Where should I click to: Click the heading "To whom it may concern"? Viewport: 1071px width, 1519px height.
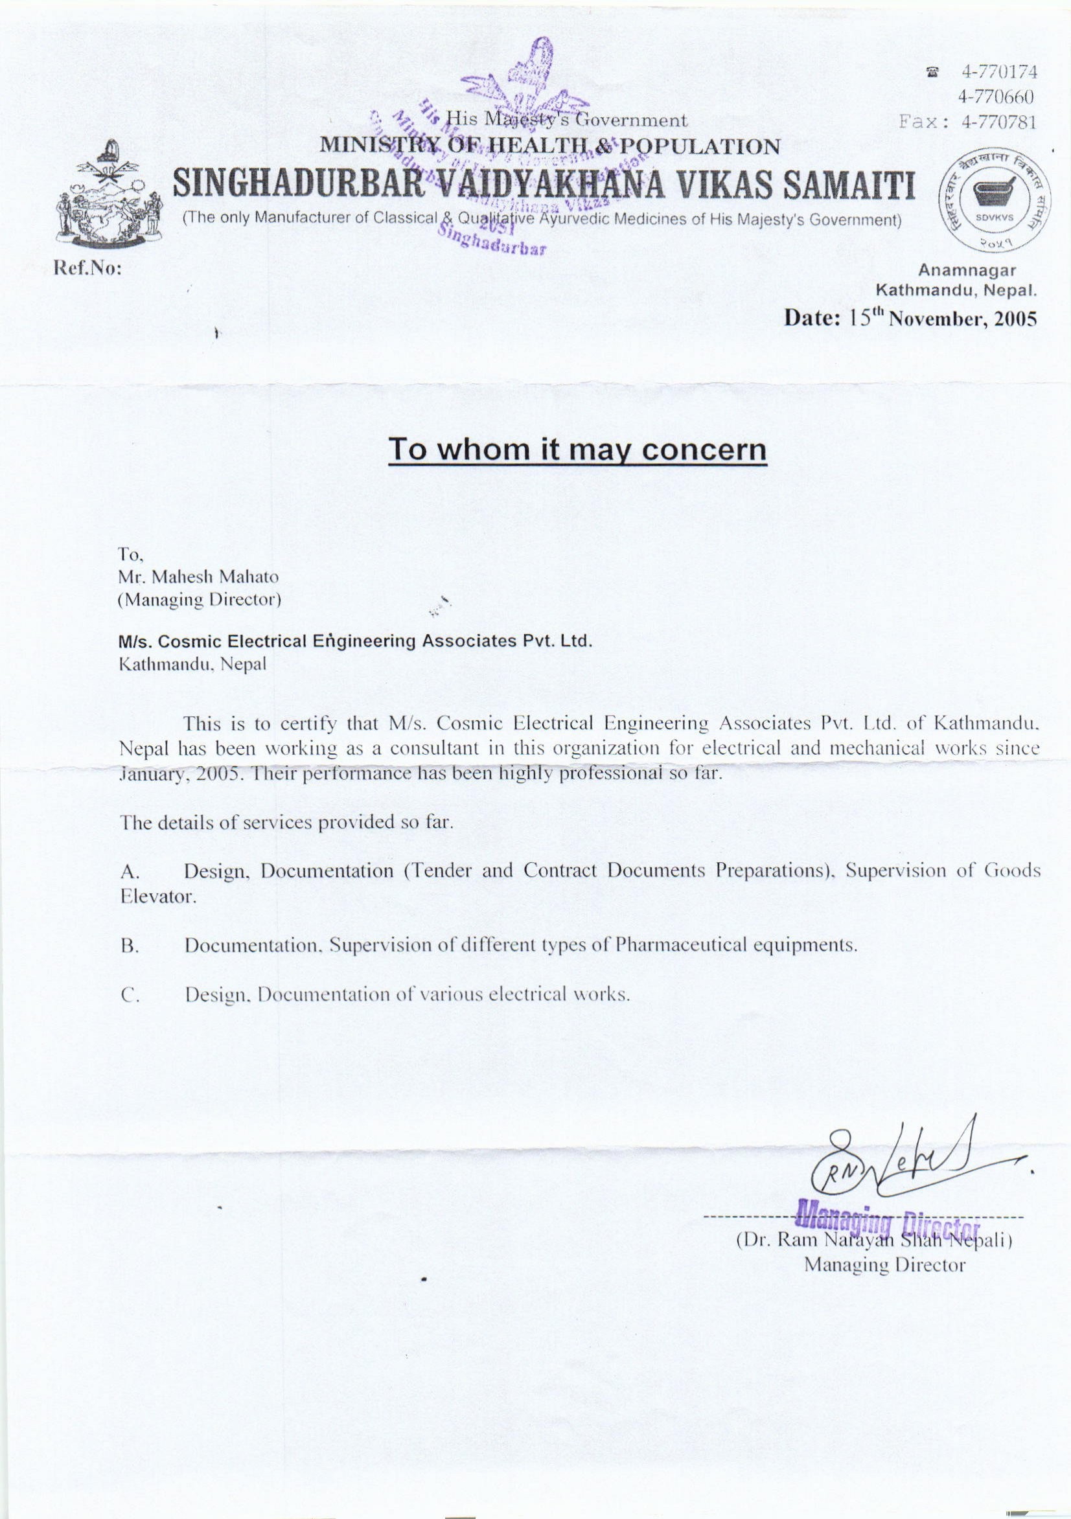(577, 450)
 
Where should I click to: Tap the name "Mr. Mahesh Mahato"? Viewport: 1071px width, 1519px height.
(198, 577)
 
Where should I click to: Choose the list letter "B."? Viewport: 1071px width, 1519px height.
(128, 947)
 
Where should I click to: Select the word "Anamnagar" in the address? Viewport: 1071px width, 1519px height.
(967, 270)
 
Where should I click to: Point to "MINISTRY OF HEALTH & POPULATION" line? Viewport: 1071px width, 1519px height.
(549, 146)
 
